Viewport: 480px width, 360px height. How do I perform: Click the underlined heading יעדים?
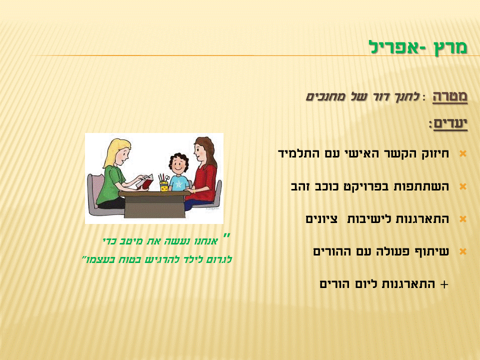pyautogui.click(x=448, y=123)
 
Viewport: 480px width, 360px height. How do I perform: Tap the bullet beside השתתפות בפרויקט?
pyautogui.click(x=462, y=186)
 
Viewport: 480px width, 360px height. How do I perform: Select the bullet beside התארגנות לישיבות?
pyautogui.click(x=462, y=219)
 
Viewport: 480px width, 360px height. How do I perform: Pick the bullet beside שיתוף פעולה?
pyautogui.click(x=462, y=251)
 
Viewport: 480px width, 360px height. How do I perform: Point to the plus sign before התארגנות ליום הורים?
pyautogui.click(x=443, y=284)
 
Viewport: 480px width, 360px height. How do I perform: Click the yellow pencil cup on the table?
pyautogui.click(x=164, y=186)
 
